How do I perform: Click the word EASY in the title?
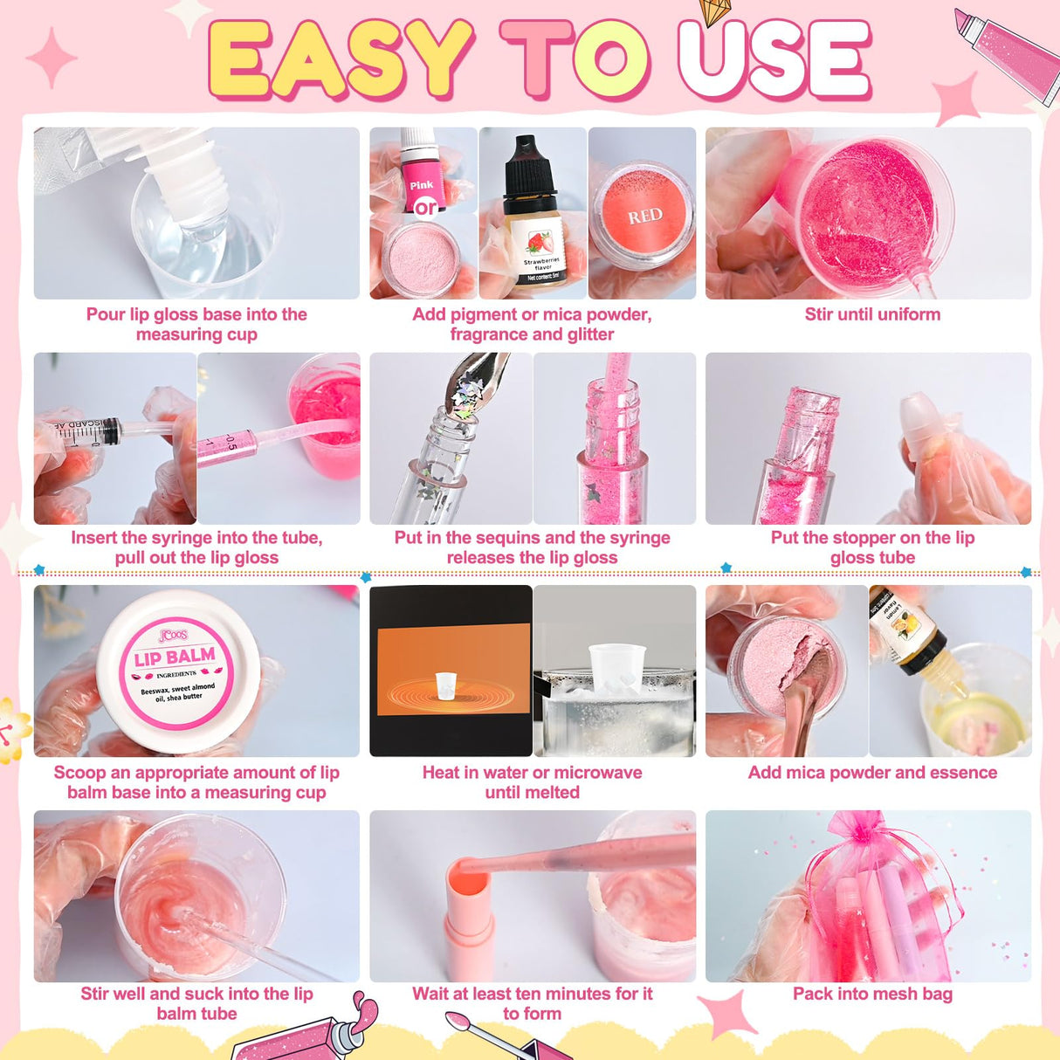tap(341, 59)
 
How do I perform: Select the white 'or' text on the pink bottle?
tap(425, 208)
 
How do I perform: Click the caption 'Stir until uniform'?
tap(872, 314)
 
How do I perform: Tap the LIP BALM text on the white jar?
tap(175, 657)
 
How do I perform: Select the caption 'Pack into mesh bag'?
tap(872, 994)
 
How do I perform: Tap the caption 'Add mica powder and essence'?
tap(872, 773)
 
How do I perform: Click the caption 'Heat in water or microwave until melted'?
tap(532, 782)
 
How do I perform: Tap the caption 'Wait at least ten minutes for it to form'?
tap(532, 1003)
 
